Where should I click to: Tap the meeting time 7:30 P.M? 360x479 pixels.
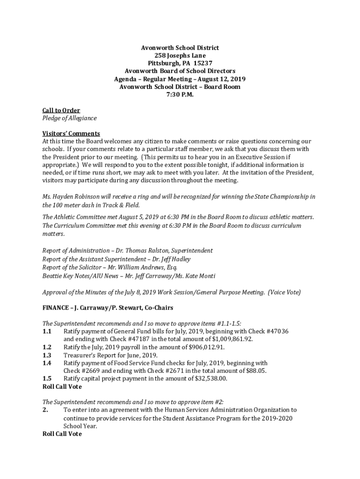(x=180, y=94)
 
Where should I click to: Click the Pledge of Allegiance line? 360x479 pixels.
(x=69, y=118)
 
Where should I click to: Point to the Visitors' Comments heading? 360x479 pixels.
(x=71, y=134)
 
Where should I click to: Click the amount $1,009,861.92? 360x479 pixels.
(x=232, y=339)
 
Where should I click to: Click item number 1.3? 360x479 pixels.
(x=47, y=355)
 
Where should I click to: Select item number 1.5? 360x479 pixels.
(x=47, y=379)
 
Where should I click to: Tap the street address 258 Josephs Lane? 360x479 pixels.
(x=180, y=55)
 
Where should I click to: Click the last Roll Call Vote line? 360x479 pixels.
(x=62, y=434)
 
